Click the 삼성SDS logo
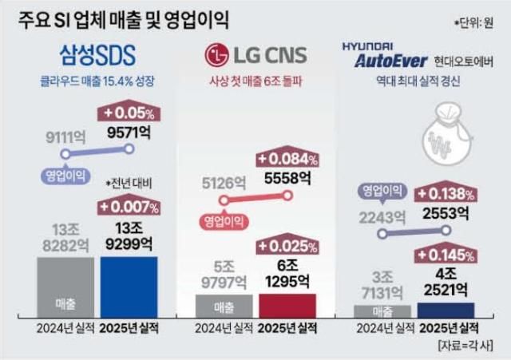[97, 53]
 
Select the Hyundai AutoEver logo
[387, 53]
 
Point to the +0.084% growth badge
[287, 159]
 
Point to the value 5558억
[285, 178]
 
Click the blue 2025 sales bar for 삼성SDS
[129, 287]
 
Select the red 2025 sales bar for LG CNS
[287, 306]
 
